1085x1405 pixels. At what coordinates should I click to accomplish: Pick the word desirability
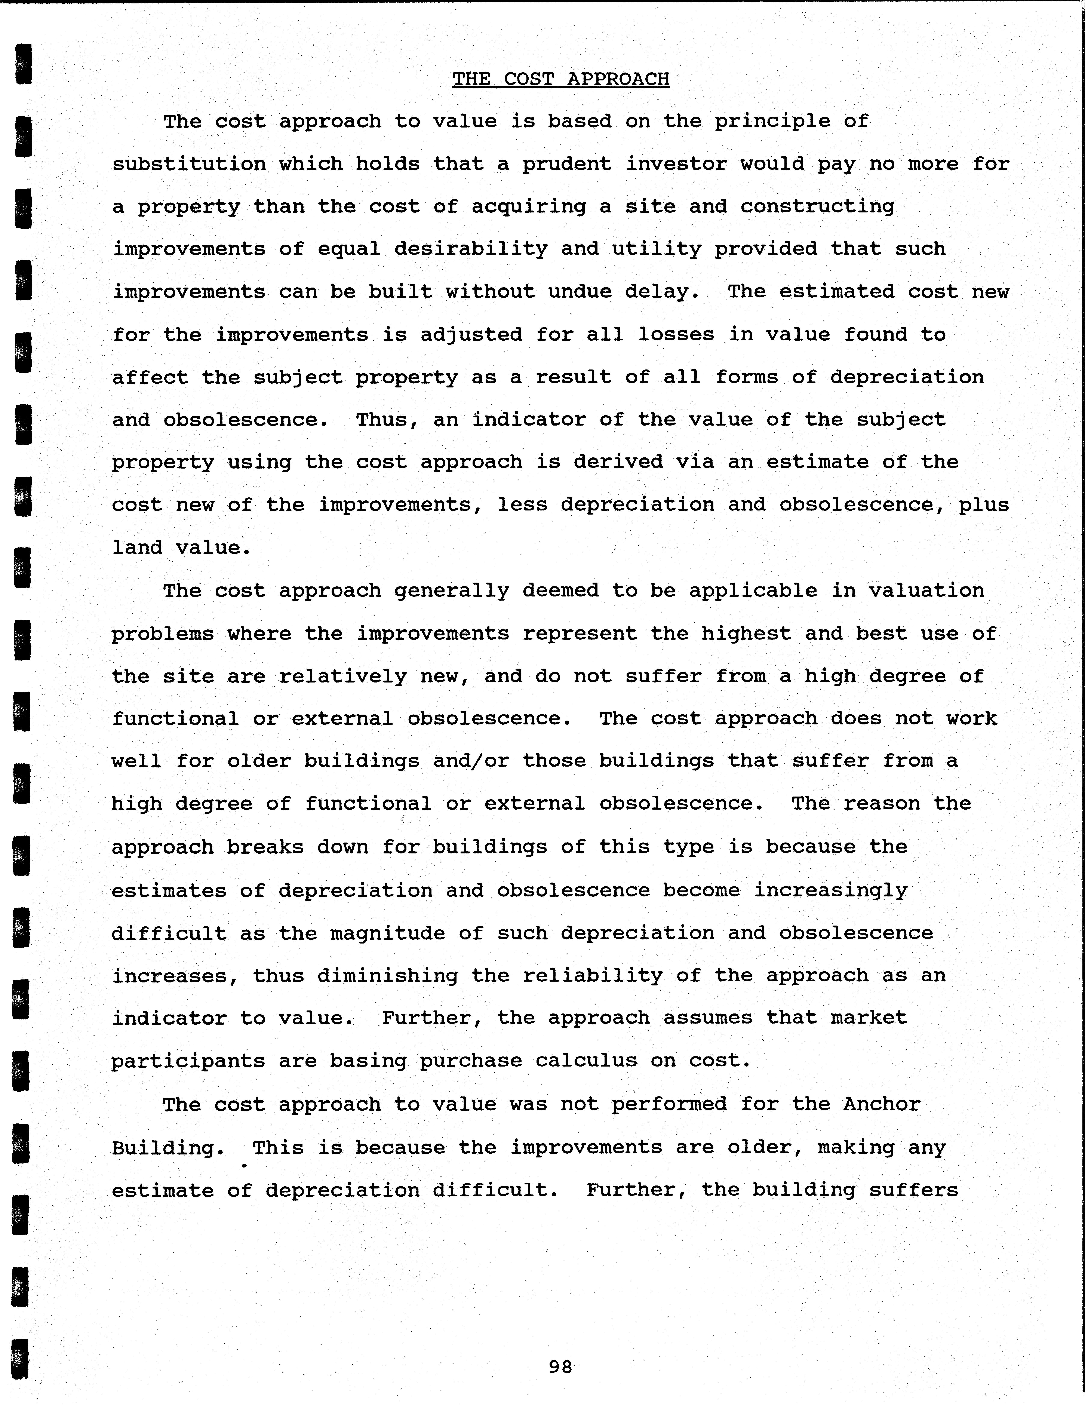(471, 249)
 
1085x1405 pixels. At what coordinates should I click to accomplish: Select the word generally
(452, 590)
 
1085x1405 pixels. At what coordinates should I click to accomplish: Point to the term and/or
(471, 761)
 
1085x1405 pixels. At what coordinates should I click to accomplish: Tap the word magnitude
(387, 933)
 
